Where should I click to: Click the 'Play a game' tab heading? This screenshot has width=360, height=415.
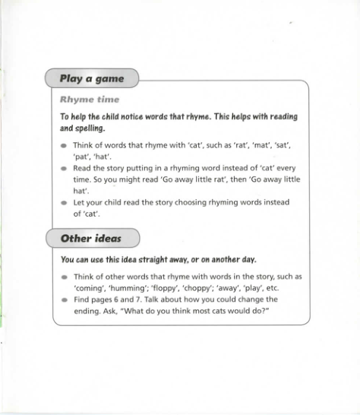coord(91,78)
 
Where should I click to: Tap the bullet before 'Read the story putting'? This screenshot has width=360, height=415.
coord(64,169)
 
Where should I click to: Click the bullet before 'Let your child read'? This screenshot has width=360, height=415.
coord(64,204)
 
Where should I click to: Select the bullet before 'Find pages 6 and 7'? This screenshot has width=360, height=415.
coord(64,302)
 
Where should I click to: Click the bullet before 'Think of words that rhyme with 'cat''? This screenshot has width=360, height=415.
coord(64,144)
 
